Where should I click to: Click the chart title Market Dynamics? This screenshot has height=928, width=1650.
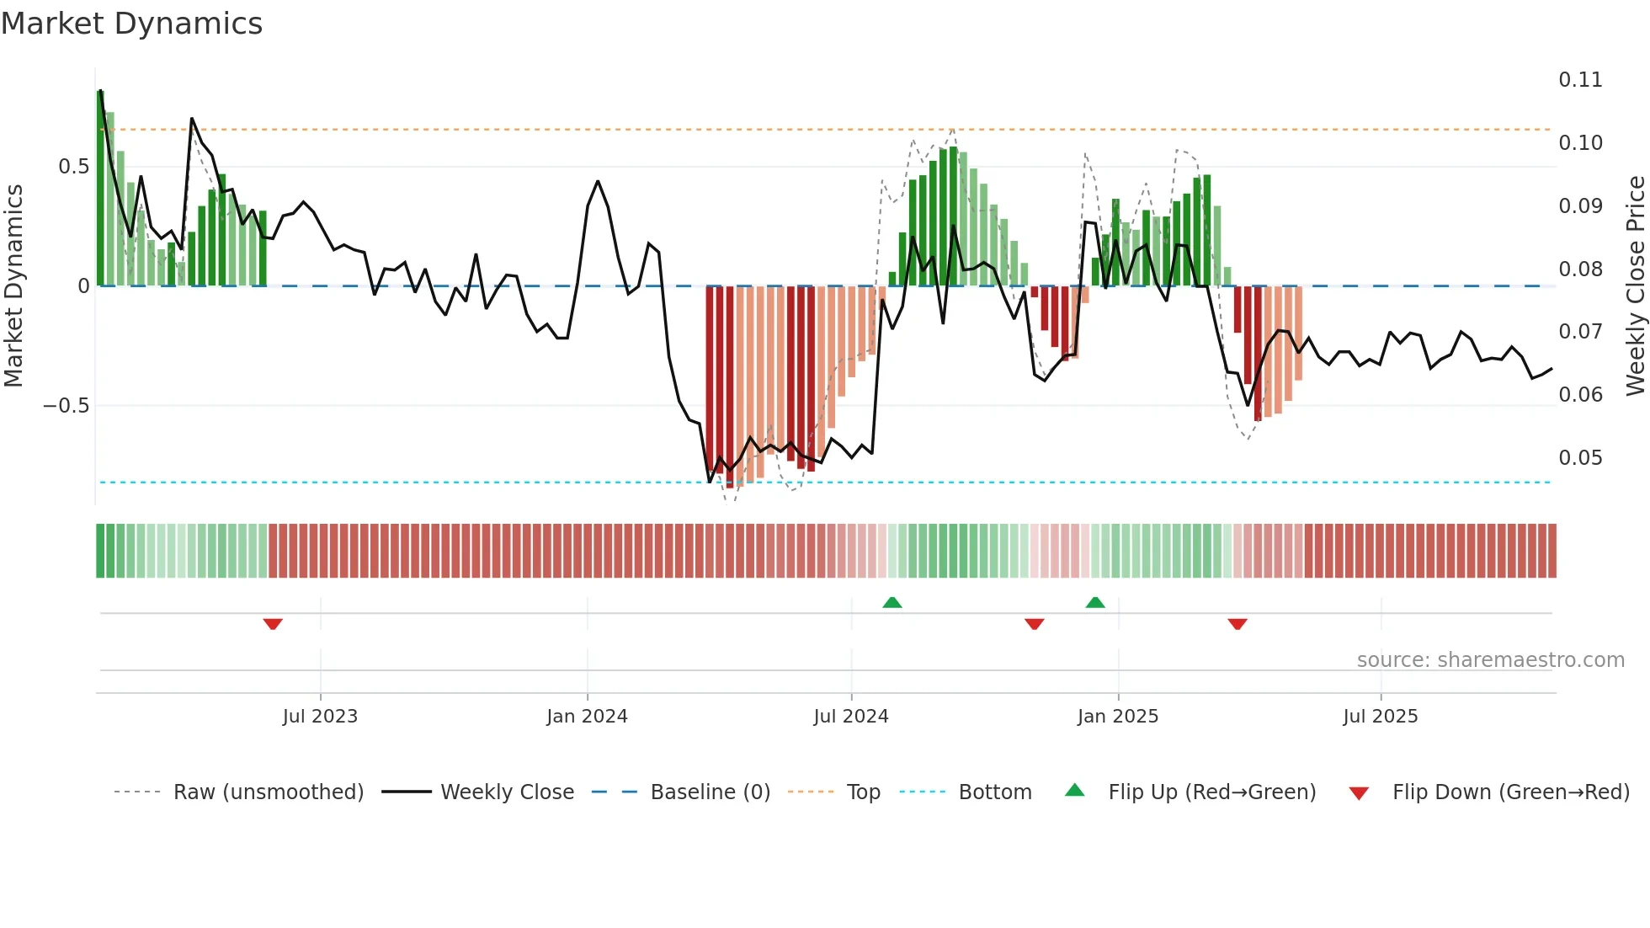tap(132, 24)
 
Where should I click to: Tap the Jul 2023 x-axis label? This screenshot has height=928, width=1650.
tap(320, 717)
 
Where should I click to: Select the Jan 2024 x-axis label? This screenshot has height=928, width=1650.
tap(587, 717)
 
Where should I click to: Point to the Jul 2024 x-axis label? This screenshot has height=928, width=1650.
tap(851, 717)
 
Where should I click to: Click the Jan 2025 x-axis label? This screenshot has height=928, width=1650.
tap(1118, 717)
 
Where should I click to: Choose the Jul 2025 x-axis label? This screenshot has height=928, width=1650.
tap(1381, 717)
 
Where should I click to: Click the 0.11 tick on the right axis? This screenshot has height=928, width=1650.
tap(1580, 80)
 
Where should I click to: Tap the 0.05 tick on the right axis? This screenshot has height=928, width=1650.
tap(1580, 458)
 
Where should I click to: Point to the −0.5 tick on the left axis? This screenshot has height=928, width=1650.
tap(66, 406)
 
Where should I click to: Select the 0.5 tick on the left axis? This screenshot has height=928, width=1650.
tap(73, 167)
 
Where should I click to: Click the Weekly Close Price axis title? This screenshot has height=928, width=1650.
tap(1635, 285)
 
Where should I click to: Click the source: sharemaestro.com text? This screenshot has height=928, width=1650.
tap(1490, 660)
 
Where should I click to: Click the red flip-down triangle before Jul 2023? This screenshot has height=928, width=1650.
tap(273, 624)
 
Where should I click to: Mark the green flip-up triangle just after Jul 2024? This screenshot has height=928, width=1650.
tap(892, 602)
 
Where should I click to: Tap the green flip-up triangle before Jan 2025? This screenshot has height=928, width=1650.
tap(1095, 602)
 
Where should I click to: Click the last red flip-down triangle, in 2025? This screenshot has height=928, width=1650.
tap(1237, 624)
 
